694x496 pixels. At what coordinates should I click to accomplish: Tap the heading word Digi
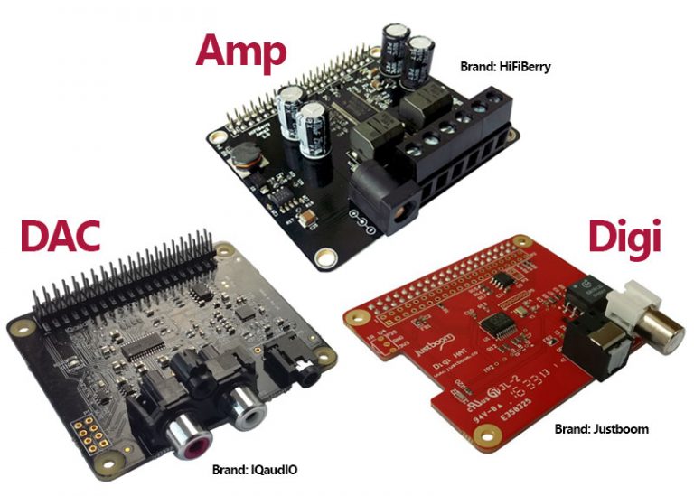pyautogui.click(x=624, y=237)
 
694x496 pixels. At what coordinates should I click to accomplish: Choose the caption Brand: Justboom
pyautogui.click(x=601, y=428)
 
